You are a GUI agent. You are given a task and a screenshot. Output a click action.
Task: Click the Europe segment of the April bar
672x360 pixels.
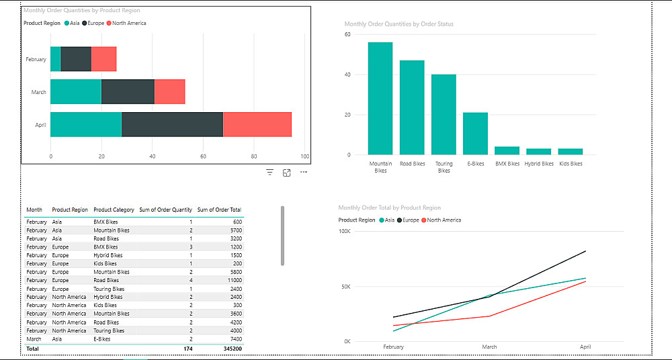point(172,125)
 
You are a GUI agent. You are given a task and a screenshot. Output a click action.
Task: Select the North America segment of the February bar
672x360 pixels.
point(103,59)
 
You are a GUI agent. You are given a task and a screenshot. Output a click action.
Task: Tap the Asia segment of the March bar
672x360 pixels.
point(75,92)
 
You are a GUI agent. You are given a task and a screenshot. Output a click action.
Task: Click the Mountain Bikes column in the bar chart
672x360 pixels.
point(380,98)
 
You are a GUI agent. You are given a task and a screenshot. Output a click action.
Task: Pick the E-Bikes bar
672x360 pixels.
point(475,134)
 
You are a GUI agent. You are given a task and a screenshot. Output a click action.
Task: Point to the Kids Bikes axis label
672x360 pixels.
point(571,163)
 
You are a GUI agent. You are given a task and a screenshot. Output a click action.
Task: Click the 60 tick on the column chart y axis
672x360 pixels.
point(348,34)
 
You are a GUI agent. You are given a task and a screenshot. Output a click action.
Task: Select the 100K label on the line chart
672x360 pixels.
point(344,232)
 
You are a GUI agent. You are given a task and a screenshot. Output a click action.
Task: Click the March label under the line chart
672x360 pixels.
point(489,347)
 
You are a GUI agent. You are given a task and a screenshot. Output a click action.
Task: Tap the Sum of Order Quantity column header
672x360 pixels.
point(165,210)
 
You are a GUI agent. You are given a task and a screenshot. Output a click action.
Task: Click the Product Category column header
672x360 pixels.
point(114,210)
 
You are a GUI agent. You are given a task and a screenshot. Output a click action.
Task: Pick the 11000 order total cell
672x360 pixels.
point(235,280)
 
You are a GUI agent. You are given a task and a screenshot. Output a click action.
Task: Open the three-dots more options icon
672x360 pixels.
point(304,173)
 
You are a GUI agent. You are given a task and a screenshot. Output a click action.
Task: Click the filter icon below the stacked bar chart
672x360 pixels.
point(269,173)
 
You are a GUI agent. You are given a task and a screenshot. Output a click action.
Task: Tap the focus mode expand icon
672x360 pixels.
point(287,173)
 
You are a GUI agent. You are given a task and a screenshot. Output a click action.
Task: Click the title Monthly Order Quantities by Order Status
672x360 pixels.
point(399,24)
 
